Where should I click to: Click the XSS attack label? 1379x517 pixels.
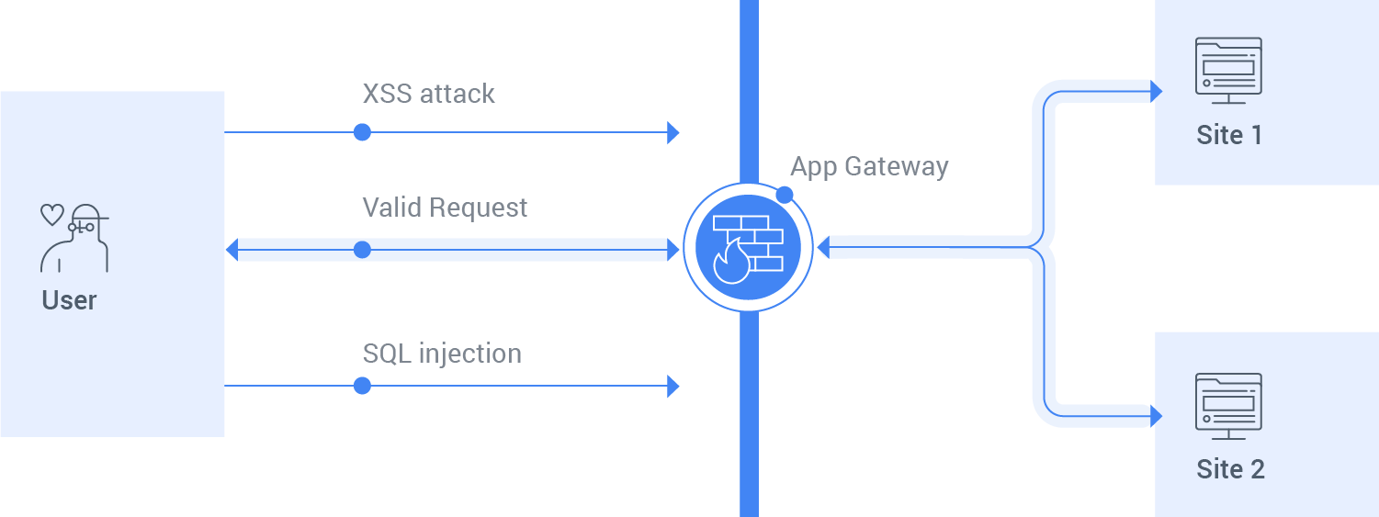coord(428,94)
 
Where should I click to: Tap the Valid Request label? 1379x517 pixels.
coord(445,208)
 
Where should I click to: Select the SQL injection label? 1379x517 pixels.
coord(442,354)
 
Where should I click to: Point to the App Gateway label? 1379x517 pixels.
coord(869,166)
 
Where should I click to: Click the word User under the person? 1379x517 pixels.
coord(69,300)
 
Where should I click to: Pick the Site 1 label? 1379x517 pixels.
coord(1229,136)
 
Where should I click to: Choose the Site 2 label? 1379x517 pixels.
coord(1230,469)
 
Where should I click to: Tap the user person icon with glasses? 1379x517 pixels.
coord(75,239)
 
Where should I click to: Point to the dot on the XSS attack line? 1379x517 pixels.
coord(362,132)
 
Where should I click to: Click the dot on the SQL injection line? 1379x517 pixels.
coord(362,386)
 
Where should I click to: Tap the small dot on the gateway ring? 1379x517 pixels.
coord(784,195)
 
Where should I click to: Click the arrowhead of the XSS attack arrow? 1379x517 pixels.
coord(673,132)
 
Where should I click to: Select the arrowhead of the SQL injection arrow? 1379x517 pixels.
coord(673,386)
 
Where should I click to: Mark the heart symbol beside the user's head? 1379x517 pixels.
coord(51,215)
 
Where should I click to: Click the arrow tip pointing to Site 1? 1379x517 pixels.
coord(1157,91)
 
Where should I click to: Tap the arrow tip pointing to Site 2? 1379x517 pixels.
coord(1157,416)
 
